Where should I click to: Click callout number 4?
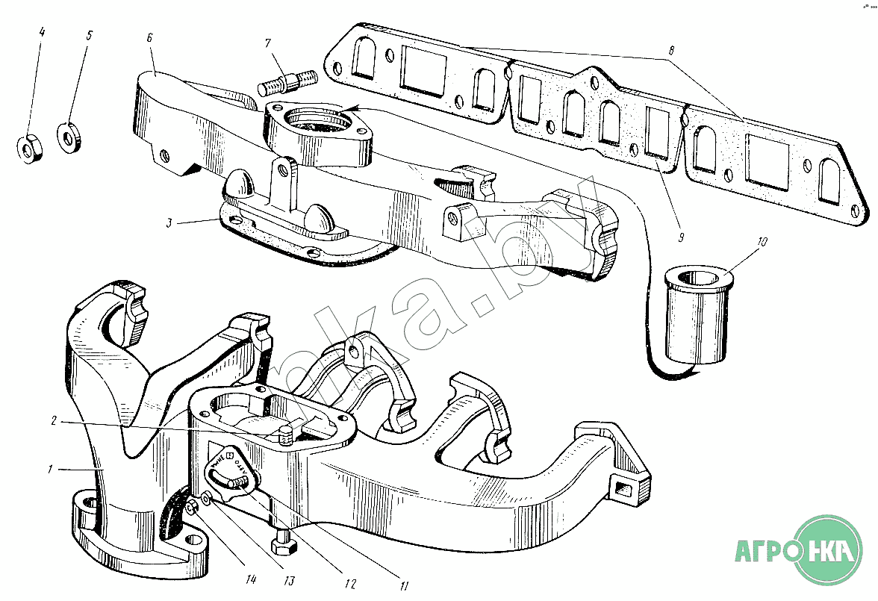click(42, 33)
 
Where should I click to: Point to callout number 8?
click(671, 52)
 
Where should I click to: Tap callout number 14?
click(252, 579)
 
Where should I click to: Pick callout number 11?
click(405, 585)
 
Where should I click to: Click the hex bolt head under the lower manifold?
click(283, 546)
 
